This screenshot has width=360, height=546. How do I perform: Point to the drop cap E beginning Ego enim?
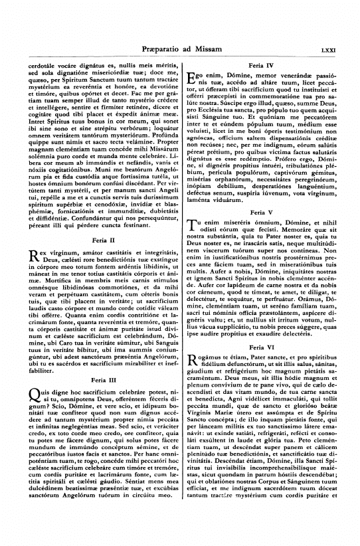tap(192, 83)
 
